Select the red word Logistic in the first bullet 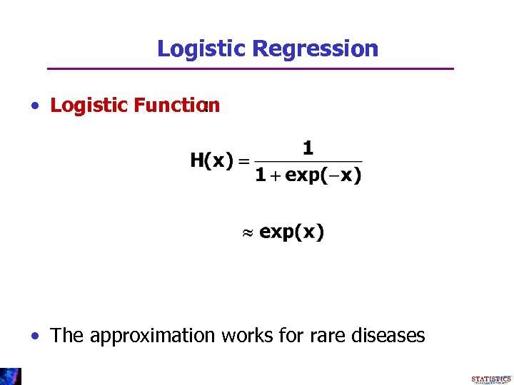click(89, 106)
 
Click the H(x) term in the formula click(211, 161)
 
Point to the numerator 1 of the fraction click(308, 148)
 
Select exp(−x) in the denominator click(323, 175)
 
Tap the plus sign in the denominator click(276, 175)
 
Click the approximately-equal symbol click(247, 232)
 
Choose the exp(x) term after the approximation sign click(291, 232)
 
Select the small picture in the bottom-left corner click(10, 376)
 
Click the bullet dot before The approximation click(35, 335)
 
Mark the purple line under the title click(250, 68)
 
